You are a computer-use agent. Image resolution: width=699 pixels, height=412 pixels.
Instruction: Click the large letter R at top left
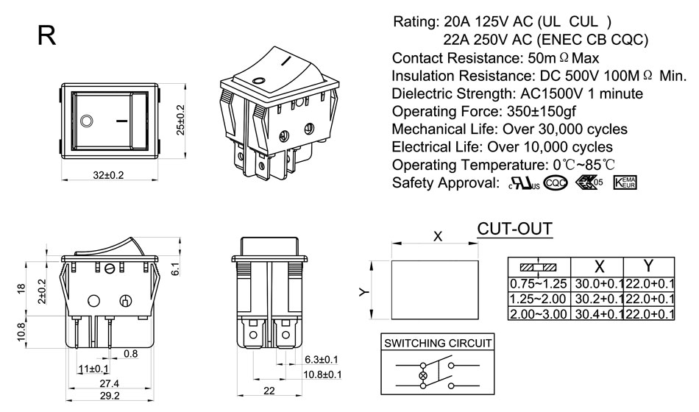[x=46, y=35]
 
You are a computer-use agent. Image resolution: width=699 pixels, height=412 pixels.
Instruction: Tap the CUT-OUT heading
[x=514, y=229]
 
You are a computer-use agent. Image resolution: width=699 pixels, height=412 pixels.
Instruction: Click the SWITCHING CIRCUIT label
[x=438, y=343]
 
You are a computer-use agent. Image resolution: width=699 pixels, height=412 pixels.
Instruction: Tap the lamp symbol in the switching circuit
[x=422, y=376]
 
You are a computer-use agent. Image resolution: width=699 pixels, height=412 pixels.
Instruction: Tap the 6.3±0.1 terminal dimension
[x=321, y=359]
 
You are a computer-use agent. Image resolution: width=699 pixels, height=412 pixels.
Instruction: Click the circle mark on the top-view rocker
[x=87, y=119]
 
